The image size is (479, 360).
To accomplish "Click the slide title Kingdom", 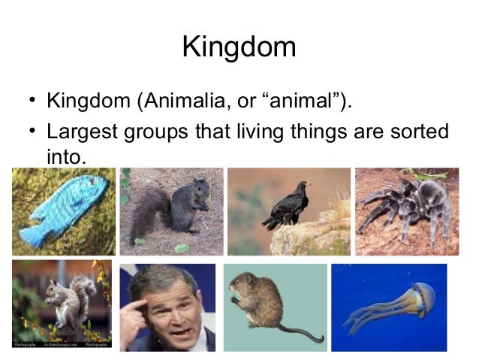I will pyautogui.click(x=239, y=47).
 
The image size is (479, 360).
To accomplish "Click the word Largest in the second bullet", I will pyautogui.click(x=81, y=131).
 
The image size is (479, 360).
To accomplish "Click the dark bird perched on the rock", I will pyautogui.click(x=288, y=207).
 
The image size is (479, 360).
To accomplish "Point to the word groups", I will pyautogui.click(x=161, y=131).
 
